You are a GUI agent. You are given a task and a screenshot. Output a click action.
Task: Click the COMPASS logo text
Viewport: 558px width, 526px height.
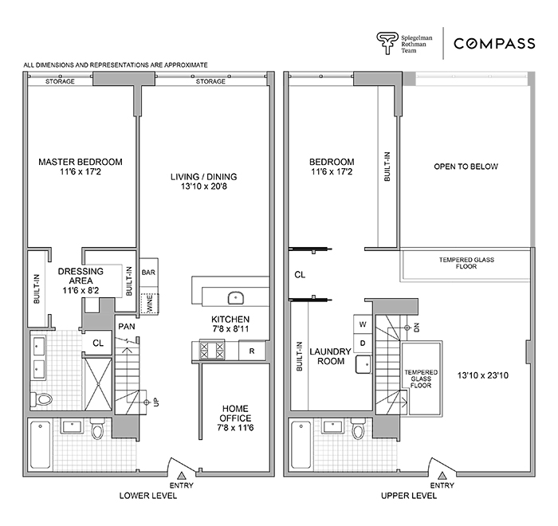click(494, 43)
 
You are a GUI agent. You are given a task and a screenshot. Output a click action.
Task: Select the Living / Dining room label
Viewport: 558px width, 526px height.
click(203, 182)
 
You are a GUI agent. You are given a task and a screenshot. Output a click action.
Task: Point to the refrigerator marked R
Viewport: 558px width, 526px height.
click(252, 349)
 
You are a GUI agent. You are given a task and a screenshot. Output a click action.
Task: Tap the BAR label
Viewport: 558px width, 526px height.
click(148, 272)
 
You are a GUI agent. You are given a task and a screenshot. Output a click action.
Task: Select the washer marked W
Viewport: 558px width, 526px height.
click(363, 324)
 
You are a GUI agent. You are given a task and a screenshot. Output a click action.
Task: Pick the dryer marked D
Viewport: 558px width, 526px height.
click(363, 343)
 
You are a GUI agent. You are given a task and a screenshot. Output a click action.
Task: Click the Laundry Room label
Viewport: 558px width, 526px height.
click(328, 355)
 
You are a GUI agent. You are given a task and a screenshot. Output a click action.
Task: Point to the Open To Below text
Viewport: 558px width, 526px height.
click(466, 167)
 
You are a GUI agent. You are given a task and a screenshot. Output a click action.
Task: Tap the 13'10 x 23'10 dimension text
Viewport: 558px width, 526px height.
click(478, 373)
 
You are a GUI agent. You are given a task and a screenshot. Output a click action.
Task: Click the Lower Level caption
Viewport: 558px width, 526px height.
click(147, 495)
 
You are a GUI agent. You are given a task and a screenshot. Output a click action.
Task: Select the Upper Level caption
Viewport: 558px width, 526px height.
click(409, 495)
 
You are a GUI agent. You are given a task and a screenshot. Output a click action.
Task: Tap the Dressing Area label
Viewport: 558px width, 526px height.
click(81, 277)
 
